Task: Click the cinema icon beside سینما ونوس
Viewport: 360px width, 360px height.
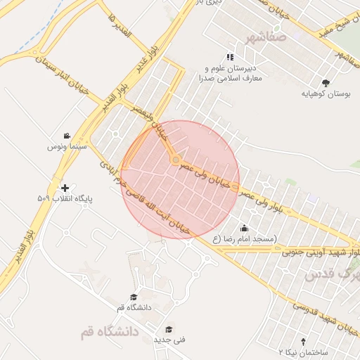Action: (66, 136)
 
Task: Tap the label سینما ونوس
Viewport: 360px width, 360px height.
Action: (66, 146)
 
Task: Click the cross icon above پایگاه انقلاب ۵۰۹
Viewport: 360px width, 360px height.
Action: (65, 188)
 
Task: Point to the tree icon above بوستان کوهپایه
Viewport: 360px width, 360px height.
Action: (325, 82)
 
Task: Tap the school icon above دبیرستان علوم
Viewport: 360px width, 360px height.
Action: (229, 57)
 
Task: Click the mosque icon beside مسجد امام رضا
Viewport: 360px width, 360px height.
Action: (243, 228)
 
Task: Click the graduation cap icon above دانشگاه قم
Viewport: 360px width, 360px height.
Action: (134, 297)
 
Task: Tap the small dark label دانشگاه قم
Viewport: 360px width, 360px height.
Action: (134, 308)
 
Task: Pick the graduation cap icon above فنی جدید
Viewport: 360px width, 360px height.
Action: (168, 329)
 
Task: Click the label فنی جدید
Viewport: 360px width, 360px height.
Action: (169, 340)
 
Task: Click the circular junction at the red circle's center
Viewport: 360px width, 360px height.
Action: (175, 160)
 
